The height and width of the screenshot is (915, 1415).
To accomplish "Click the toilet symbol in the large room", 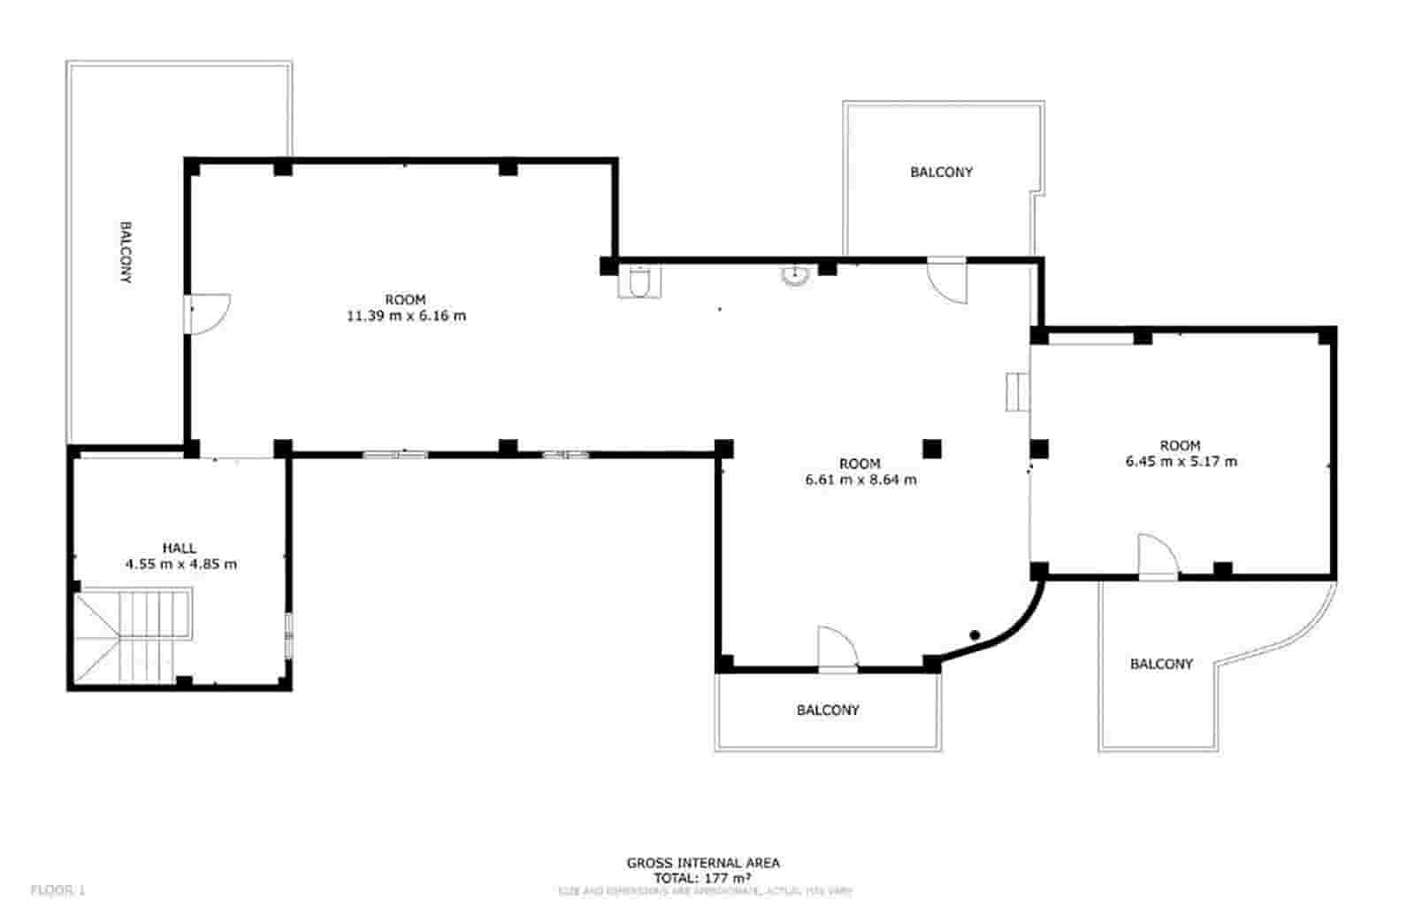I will (x=639, y=283).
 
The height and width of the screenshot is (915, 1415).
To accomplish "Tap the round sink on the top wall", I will (x=795, y=275).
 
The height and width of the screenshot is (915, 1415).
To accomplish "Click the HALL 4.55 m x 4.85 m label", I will (x=180, y=556).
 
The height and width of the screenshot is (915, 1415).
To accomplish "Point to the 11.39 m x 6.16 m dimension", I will (x=406, y=316).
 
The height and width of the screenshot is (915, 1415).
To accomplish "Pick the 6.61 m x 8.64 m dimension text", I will (x=860, y=480).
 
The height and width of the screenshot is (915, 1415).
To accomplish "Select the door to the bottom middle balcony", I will (x=836, y=650).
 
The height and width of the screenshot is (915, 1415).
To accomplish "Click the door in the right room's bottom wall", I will (x=1157, y=557).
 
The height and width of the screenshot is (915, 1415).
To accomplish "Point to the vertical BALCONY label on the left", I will (x=126, y=252).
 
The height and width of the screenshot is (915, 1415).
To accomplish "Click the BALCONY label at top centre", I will (x=941, y=173).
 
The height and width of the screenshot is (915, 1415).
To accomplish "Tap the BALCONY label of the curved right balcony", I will (x=1161, y=664).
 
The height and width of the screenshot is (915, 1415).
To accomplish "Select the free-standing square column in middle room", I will (x=931, y=449).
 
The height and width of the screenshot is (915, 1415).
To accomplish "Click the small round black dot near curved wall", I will (x=975, y=634).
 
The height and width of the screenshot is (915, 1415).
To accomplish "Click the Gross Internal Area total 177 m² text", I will (x=703, y=871).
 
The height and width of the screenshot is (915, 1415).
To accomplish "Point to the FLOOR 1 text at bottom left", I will (x=58, y=890).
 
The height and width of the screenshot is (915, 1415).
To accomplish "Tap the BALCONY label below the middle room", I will (x=827, y=710).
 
